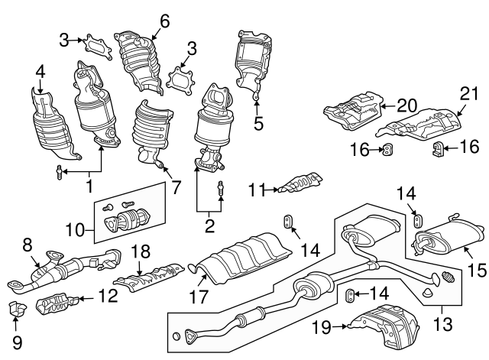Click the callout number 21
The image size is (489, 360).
(x=469, y=93)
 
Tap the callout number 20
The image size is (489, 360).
(x=406, y=105)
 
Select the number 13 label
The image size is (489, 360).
(x=443, y=324)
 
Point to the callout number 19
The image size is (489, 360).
(x=322, y=327)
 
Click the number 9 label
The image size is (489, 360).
(x=17, y=342)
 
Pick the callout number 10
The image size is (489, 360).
(x=75, y=231)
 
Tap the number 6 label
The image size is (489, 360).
(x=165, y=21)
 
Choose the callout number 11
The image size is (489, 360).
(x=257, y=190)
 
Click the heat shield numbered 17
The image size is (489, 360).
(x=241, y=258)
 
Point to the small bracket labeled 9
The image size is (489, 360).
(x=18, y=310)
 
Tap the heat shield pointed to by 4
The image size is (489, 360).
(x=53, y=124)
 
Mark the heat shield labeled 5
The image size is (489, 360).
(x=253, y=63)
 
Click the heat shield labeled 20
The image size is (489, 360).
(x=354, y=111)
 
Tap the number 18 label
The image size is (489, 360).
(x=141, y=251)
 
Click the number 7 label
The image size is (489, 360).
(x=176, y=187)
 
